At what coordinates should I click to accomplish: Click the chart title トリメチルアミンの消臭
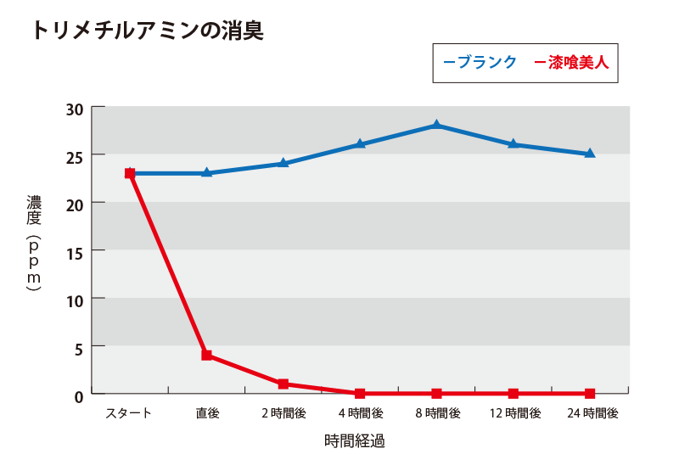click(147, 31)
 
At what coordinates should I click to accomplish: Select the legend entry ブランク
click(480, 62)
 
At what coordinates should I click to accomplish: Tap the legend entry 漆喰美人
click(575, 62)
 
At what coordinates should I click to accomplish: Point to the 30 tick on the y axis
click(74, 108)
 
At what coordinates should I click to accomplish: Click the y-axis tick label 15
click(74, 251)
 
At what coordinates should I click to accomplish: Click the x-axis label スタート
click(129, 413)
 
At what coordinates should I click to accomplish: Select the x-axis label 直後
click(206, 413)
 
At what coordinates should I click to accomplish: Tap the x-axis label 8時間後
click(437, 413)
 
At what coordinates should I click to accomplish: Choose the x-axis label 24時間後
click(591, 413)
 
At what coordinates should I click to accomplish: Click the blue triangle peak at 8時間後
click(436, 126)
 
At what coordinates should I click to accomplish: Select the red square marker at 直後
click(206, 356)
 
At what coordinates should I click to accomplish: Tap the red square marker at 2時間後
click(283, 384)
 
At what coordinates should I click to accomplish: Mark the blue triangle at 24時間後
click(590, 154)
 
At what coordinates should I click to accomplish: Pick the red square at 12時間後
click(513, 394)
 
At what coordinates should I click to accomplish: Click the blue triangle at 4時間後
click(360, 144)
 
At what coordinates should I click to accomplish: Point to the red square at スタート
click(130, 173)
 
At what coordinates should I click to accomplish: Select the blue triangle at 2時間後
click(283, 163)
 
